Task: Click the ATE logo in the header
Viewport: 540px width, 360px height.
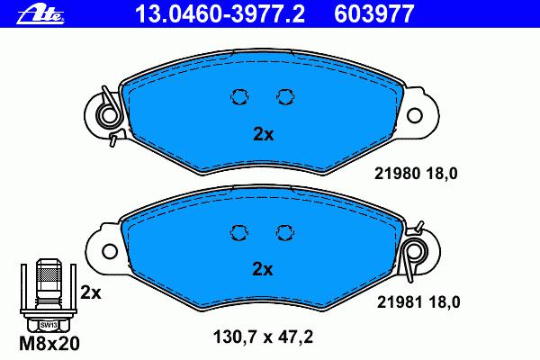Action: [40, 14]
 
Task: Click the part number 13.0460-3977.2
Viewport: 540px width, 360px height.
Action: [220, 13]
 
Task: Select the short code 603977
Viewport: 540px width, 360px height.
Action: [374, 13]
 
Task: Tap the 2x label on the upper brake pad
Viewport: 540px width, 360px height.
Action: [264, 134]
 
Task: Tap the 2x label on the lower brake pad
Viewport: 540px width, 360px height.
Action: [263, 269]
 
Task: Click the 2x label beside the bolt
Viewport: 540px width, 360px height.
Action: [91, 292]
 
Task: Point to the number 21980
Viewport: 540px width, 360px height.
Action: [397, 174]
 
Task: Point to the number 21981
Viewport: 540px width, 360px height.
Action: [400, 302]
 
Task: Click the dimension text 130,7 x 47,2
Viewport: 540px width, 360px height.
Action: [264, 337]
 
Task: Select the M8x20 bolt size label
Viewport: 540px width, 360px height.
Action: [49, 343]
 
